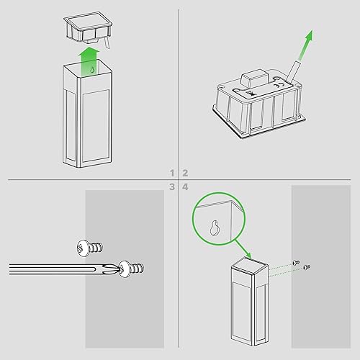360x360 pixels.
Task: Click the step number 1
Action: pos(172,173)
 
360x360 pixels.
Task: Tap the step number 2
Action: pos(185,173)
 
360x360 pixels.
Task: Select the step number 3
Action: pos(172,187)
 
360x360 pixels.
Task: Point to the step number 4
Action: pos(185,187)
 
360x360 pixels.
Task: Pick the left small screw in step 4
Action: pos(296,263)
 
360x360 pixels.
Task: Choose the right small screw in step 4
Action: pos(307,268)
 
